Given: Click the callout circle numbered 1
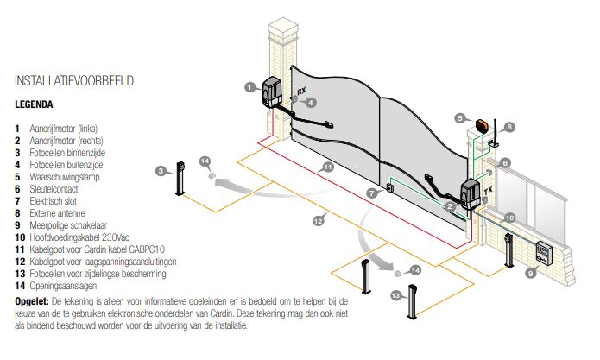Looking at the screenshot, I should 249,86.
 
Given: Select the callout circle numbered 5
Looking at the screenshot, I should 460,118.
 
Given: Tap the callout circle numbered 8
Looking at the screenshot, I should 509,127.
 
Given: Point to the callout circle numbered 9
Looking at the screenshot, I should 532,272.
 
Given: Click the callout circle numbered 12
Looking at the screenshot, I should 318,222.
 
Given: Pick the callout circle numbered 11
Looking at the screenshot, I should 327,167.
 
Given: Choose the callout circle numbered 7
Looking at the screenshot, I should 371,193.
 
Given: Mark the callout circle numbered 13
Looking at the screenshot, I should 395,296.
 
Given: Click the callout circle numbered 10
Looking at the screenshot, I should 509,218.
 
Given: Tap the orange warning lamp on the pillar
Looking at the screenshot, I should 477,125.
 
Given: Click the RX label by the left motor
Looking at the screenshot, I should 301,91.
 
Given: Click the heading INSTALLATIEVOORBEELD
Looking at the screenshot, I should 73,81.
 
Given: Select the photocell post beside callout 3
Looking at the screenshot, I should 180,178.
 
